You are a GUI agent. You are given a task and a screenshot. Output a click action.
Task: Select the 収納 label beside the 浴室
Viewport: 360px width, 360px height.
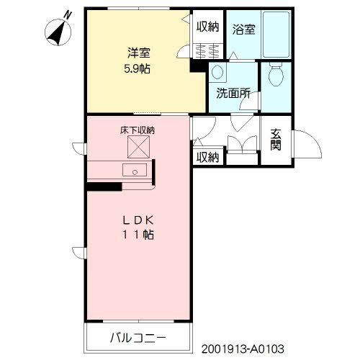[208, 27]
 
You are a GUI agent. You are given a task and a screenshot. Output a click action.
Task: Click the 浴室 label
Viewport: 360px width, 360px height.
[243, 30]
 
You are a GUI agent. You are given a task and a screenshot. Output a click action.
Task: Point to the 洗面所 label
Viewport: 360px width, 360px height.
[233, 93]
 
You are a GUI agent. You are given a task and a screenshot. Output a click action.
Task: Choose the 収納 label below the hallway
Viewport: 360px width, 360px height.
[208, 157]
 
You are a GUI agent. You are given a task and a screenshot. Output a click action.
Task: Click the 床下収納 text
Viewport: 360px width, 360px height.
[138, 130]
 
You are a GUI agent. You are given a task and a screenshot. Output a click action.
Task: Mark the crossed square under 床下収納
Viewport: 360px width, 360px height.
[137, 147]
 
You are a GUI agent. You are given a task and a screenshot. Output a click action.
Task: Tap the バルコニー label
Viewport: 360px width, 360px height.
[138, 337]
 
